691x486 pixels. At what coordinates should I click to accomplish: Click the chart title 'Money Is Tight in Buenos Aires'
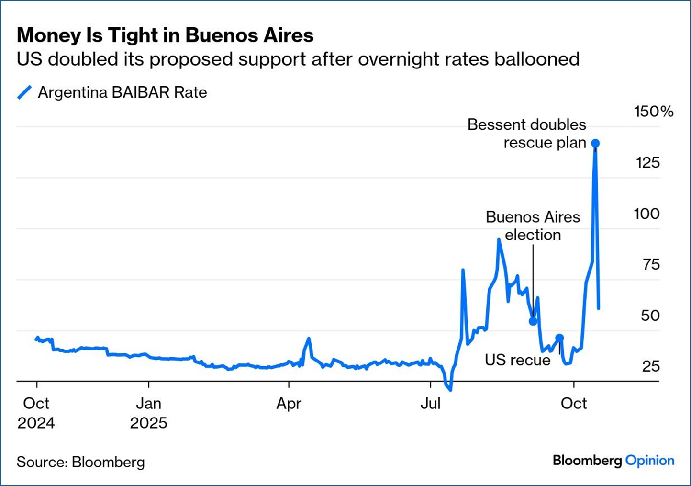[x=165, y=35]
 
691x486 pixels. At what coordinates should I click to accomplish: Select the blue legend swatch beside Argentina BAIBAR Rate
[x=24, y=92]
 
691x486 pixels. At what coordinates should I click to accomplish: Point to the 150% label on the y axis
[x=653, y=112]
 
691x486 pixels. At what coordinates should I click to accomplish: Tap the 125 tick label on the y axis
[x=647, y=163]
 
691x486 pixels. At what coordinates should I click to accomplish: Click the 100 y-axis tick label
[x=646, y=214]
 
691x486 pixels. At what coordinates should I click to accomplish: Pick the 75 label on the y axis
[x=651, y=264]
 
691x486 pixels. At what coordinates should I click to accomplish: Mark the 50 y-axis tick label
[x=650, y=316]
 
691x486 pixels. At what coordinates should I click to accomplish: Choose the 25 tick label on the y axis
[x=651, y=366]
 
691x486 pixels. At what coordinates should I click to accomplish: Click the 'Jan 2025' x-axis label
[x=148, y=413]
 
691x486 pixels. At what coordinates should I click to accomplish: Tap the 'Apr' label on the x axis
[x=289, y=404]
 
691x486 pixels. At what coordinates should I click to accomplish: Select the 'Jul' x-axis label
[x=430, y=404]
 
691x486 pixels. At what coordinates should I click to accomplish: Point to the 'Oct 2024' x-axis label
[x=36, y=413]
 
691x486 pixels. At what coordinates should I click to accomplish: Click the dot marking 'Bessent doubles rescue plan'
[x=595, y=143]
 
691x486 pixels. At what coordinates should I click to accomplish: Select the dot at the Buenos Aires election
[x=533, y=321]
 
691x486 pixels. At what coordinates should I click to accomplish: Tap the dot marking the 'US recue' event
[x=559, y=338]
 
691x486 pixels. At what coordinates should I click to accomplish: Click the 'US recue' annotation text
[x=517, y=360]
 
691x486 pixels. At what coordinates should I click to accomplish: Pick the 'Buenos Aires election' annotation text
[x=533, y=226]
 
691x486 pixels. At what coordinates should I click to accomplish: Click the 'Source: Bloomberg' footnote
[x=80, y=462]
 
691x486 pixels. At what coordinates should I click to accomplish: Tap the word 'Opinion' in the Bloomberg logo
[x=650, y=461]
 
